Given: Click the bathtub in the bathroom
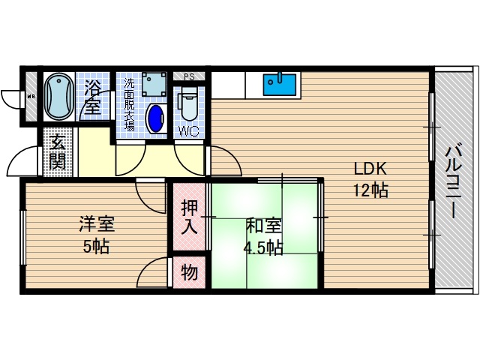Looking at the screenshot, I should (x=57, y=97).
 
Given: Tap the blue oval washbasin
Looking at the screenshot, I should (x=157, y=118).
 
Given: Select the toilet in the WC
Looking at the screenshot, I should (x=187, y=103).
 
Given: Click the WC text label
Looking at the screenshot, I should (x=187, y=133).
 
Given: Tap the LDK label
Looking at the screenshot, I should (x=370, y=169).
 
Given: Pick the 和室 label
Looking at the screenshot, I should (x=263, y=224).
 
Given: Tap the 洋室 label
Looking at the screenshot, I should (x=96, y=224).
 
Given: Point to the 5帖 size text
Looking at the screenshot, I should (x=95, y=247).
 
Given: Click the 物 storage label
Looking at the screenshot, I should (x=190, y=273).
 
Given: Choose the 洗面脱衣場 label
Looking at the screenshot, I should (x=129, y=104).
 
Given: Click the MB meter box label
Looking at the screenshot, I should (x=31, y=97).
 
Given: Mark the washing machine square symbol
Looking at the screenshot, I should (x=154, y=84).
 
